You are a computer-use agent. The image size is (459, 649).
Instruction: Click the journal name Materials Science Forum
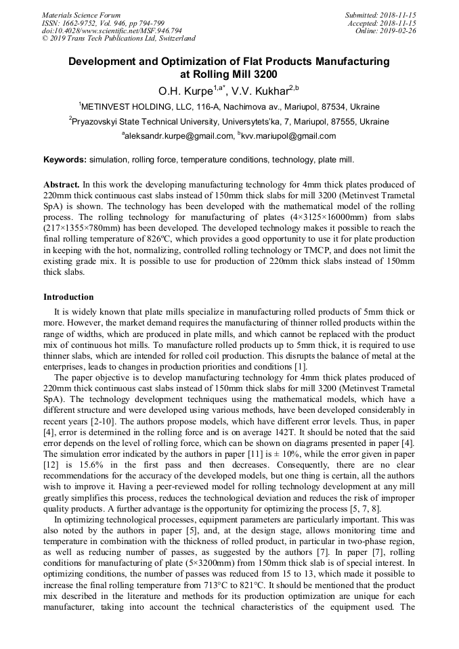81,15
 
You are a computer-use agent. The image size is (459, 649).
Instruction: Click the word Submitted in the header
363,15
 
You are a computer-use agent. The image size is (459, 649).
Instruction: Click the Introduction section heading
68,297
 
